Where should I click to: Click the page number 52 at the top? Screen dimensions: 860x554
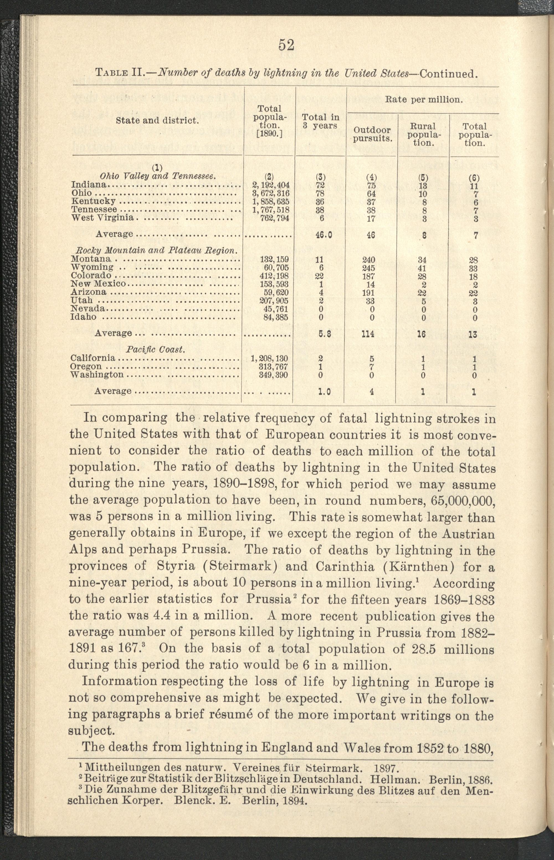[286, 45]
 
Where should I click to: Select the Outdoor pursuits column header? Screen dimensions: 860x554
[372, 134]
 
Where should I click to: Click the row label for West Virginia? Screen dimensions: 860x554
[102, 218]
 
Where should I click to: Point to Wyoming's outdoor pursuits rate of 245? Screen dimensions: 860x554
[372, 268]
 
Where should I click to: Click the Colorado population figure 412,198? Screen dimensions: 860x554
[274, 276]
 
